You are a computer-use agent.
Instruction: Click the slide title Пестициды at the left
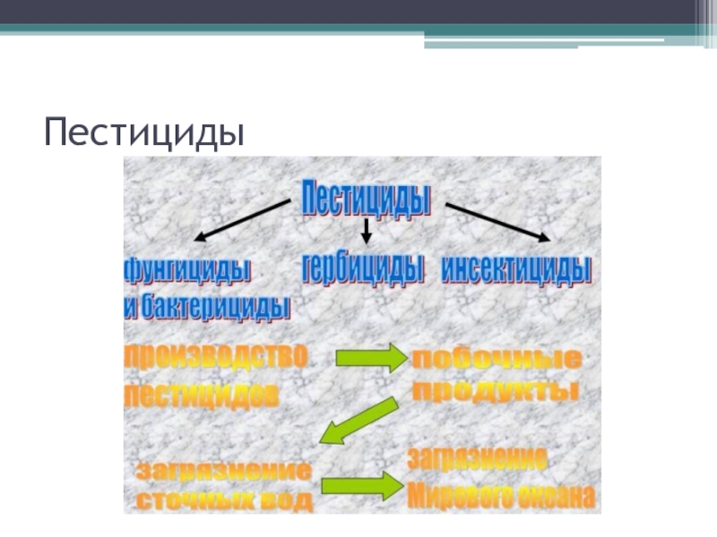[144, 132]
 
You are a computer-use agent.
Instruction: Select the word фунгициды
[186, 269]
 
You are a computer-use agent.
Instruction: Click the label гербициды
[363, 269]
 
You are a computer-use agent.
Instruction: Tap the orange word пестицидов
[201, 395]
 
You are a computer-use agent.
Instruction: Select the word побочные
[496, 361]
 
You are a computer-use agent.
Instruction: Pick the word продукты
[494, 392]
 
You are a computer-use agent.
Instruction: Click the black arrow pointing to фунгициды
[245, 220]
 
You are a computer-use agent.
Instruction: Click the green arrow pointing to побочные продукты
[370, 358]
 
